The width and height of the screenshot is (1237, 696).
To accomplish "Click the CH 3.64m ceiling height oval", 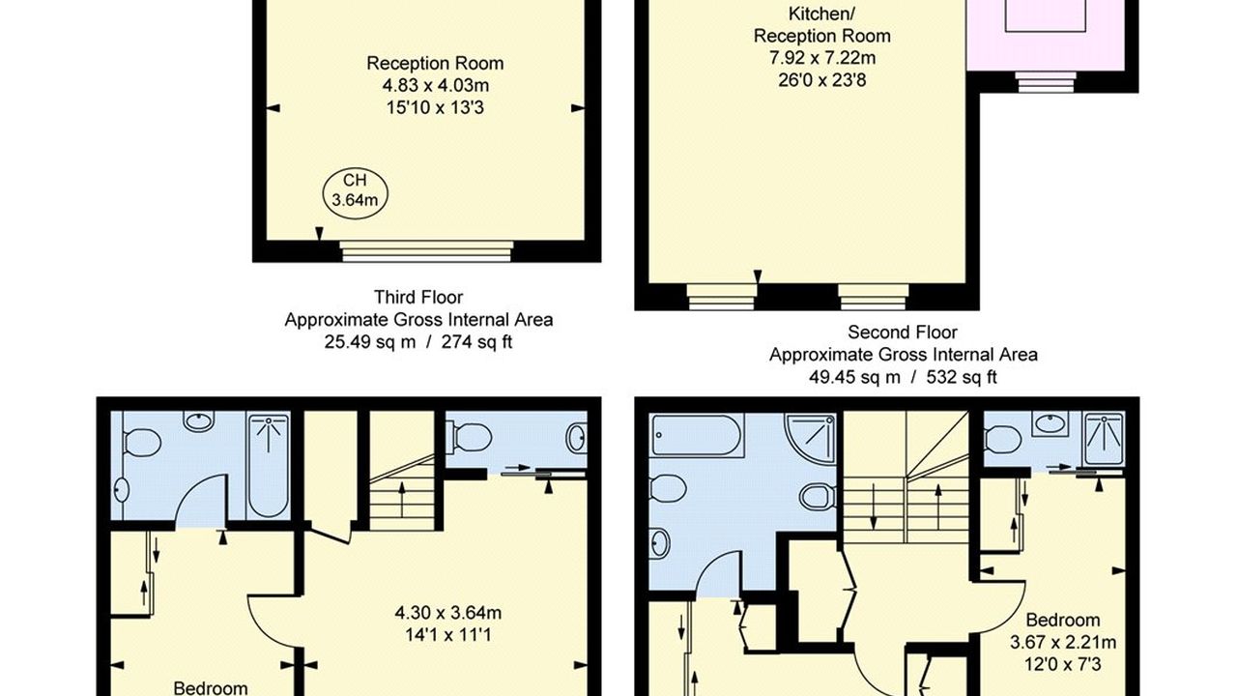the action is point(355,194).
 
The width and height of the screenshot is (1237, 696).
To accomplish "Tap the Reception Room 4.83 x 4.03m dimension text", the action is point(435,74).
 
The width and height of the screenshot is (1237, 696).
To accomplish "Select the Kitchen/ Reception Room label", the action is point(822,25).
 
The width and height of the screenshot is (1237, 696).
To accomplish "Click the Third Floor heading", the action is point(418,297).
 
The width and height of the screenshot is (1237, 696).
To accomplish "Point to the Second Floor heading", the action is point(903,332).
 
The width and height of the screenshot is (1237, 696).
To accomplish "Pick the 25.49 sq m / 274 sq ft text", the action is point(418,342).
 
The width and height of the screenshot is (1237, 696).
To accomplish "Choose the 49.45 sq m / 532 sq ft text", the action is point(903,377).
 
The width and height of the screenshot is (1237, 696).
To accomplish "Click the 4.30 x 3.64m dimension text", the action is point(448,613).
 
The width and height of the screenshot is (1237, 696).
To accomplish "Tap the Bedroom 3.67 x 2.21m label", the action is point(1063,631).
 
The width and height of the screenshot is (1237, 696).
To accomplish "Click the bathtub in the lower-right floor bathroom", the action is point(697,435).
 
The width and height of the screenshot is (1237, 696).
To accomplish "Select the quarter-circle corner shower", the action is point(810,438).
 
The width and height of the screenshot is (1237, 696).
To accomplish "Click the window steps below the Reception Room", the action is point(426,251).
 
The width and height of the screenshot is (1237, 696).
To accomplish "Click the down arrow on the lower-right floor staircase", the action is point(874,507).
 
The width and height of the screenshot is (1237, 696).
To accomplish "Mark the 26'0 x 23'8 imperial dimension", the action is point(822,80).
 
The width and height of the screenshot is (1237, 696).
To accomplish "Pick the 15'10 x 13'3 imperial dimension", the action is point(435,107).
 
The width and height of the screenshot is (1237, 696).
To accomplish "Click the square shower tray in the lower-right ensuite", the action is point(1104,439).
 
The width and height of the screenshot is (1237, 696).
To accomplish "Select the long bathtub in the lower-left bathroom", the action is point(269,466).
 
